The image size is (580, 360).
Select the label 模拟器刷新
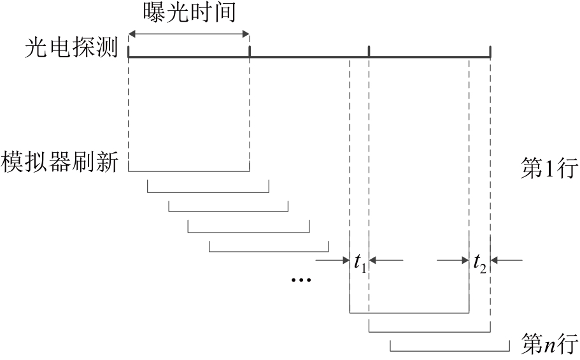pos(60,161)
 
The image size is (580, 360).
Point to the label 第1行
pos(548,170)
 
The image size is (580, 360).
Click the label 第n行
pos(548,345)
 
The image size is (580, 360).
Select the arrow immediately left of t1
pos(332,259)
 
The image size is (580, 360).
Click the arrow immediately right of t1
pos(386,259)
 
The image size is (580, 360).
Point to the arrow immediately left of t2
pos(453,259)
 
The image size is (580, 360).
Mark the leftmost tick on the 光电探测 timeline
pos(129,51)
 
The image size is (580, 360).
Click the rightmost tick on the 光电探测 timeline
pos(490,51)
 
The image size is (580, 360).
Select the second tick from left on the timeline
pos(250,51)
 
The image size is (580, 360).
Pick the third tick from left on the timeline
pos(369,51)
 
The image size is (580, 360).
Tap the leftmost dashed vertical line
pos(129,115)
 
